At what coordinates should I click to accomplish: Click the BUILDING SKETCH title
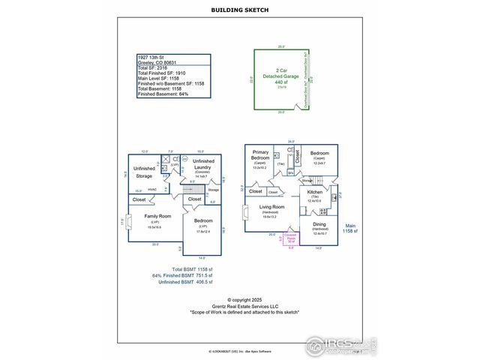(239, 10)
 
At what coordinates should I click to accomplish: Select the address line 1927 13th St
(152, 57)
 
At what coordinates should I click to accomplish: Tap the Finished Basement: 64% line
(163, 94)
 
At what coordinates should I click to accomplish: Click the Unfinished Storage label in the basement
(144, 172)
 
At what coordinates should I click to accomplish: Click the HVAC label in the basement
(152, 189)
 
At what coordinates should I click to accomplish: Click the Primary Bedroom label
(260, 156)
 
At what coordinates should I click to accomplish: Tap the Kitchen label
(315, 193)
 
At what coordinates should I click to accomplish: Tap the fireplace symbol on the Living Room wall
(245, 212)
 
